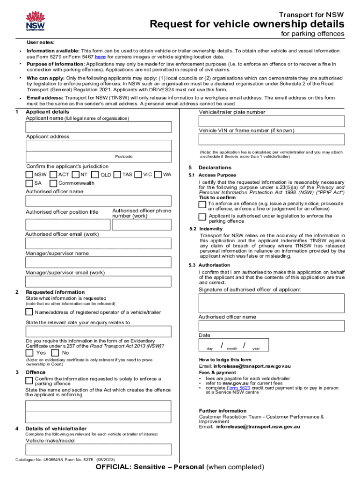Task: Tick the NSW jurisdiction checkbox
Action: tap(29, 174)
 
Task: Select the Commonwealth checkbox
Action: tap(53, 183)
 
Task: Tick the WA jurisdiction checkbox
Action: tap(158, 174)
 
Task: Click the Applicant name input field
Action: tap(98, 127)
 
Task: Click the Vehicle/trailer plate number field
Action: tap(272, 121)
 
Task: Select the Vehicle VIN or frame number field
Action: tap(272, 140)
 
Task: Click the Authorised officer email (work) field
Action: tap(98, 243)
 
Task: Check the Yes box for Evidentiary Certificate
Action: tap(29, 353)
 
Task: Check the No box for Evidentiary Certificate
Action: tap(55, 353)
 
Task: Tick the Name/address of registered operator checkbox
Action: tap(29, 312)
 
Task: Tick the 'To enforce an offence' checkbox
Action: tap(202, 204)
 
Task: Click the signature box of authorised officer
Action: tap(272, 303)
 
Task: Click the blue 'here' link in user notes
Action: tap(100, 57)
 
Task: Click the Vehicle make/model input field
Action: tap(98, 450)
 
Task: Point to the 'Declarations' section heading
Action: tap(215, 167)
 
